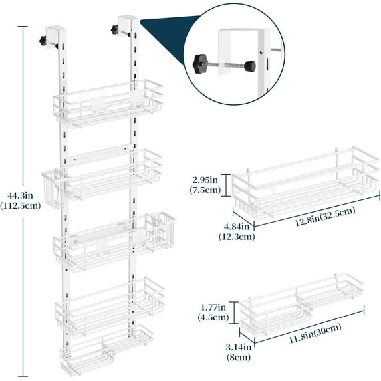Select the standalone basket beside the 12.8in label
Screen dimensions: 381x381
tap(303, 186)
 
